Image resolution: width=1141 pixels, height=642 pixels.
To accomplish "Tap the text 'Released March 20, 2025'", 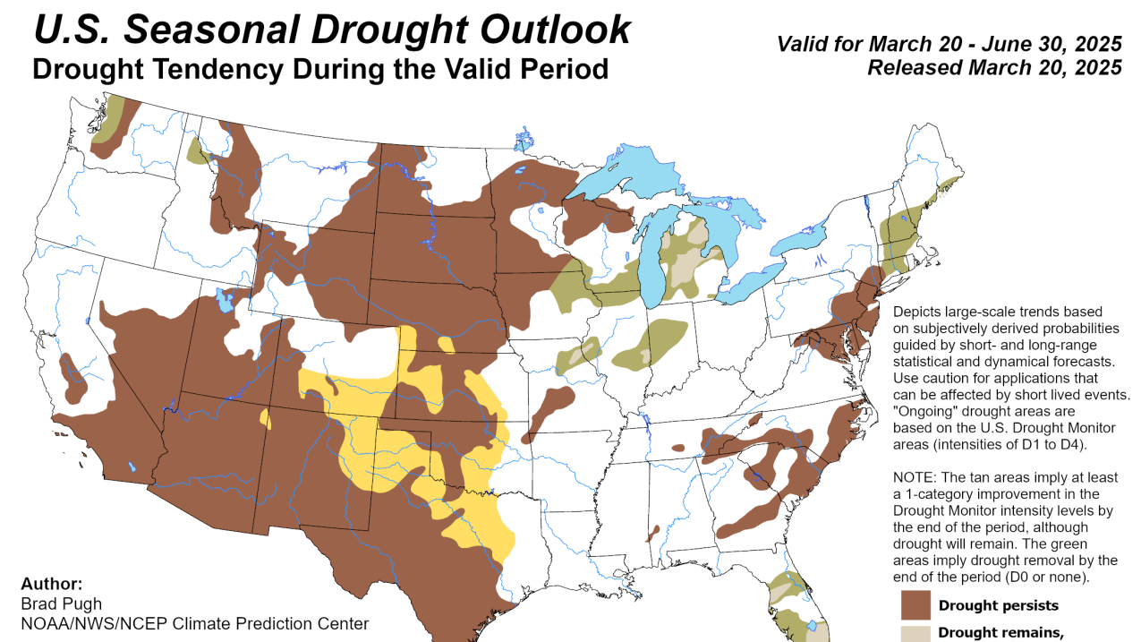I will click(994, 67).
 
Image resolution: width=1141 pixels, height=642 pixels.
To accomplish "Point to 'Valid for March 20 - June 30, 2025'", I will click(949, 44).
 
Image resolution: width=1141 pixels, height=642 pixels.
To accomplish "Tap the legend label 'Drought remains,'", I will click(1001, 634).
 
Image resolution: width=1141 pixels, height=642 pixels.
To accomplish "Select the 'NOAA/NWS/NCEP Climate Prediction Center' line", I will click(194, 623).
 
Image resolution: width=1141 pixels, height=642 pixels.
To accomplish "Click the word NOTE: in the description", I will click(915, 477).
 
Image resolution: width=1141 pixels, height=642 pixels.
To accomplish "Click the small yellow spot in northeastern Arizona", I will click(265, 417).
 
